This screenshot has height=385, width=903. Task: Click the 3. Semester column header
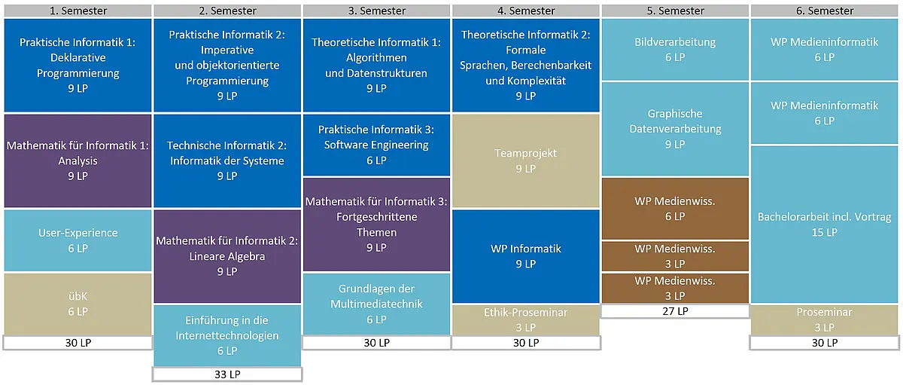(376, 11)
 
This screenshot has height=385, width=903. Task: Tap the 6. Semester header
(825, 11)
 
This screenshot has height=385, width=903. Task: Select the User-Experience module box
(78, 240)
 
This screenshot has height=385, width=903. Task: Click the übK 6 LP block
(78, 304)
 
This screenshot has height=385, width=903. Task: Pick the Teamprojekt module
(526, 160)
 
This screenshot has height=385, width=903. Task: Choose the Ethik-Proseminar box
(526, 319)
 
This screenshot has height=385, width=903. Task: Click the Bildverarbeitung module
(675, 49)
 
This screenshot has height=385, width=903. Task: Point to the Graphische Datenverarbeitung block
(675, 129)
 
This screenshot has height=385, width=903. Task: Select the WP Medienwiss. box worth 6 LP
(675, 209)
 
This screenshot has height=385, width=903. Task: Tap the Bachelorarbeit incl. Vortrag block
(825, 225)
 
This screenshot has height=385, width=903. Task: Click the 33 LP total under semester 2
(227, 374)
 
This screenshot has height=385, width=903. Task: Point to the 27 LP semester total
(675, 311)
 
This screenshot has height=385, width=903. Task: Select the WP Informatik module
(526, 256)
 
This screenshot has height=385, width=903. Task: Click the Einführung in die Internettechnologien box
(227, 336)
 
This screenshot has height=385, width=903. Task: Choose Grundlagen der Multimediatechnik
(376, 304)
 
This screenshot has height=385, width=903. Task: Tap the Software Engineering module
(376, 145)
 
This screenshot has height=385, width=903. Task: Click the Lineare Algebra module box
(227, 256)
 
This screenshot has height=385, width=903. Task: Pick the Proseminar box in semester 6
(825, 319)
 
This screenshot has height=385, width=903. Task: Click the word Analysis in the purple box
(78, 160)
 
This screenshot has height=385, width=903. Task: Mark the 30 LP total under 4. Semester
(526, 343)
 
